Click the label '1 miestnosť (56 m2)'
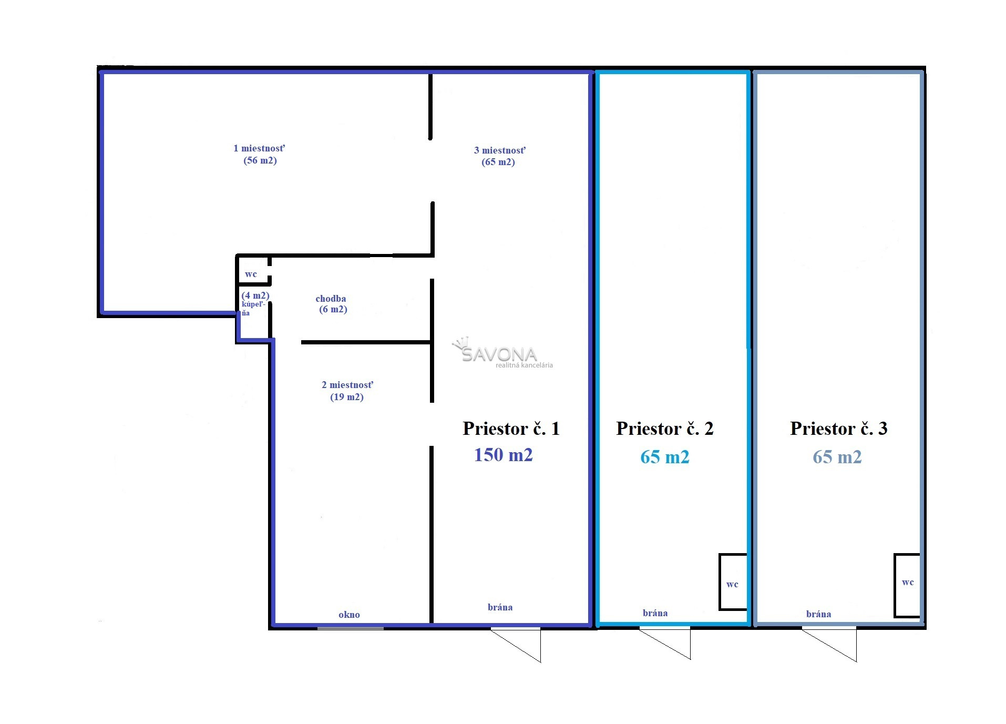260,154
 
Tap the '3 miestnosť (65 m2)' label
499,156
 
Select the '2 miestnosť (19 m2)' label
347,391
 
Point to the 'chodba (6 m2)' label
331,304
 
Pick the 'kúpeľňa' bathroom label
252,309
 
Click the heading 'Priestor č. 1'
511,429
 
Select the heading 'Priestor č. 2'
665,429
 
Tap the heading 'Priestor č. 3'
838,429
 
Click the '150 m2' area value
503,455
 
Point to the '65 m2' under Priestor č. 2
664,457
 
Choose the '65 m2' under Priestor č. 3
837,457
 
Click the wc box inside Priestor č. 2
733,582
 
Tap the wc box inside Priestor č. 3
907,585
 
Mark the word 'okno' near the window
349,615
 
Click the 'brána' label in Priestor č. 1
500,607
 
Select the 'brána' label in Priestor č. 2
655,613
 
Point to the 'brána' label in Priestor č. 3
818,614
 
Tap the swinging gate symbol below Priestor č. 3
829,645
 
